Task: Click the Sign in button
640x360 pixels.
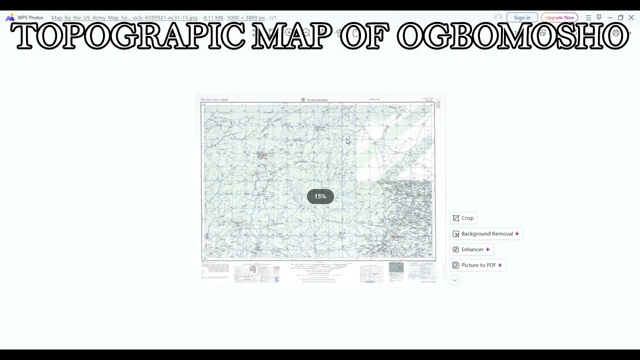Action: click(x=522, y=17)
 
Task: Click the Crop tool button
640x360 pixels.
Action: click(x=463, y=218)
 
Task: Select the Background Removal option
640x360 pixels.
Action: click(x=486, y=233)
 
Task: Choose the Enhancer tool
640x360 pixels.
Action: click(x=471, y=249)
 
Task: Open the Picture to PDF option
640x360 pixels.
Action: click(x=477, y=265)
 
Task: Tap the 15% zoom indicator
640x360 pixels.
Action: click(x=320, y=196)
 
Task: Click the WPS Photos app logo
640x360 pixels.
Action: click(x=10, y=17)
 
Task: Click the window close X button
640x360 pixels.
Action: click(x=631, y=17)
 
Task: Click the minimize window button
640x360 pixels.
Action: click(x=609, y=17)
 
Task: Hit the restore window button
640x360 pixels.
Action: click(x=620, y=17)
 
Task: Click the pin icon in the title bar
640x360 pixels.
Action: click(x=599, y=17)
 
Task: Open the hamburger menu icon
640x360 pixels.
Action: click(x=588, y=17)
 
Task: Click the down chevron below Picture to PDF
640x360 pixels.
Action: click(x=454, y=280)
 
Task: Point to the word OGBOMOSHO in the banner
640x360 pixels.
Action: click(x=512, y=36)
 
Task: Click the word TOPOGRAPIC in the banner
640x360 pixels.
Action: click(x=128, y=36)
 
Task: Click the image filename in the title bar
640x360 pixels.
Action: click(x=124, y=17)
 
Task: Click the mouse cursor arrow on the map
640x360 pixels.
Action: click(x=348, y=141)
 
